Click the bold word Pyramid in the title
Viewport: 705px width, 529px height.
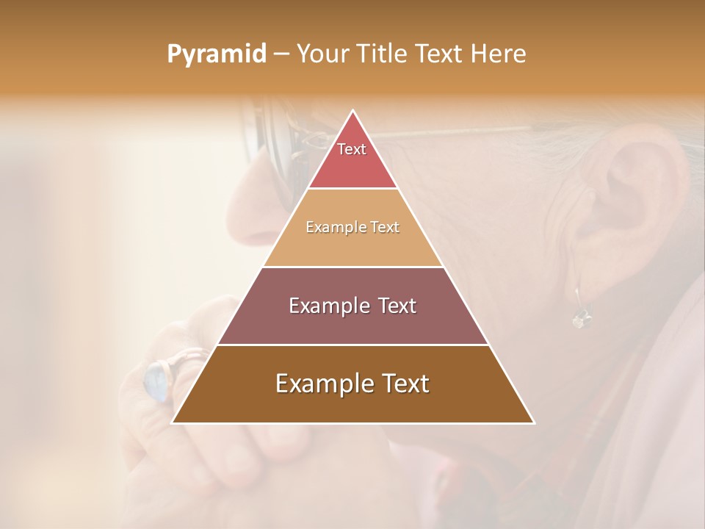(216, 54)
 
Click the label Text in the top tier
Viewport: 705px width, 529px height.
(352, 149)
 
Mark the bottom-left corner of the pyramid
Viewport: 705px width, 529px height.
(173, 422)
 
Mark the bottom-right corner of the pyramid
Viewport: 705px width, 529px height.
(534, 422)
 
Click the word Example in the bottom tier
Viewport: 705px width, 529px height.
(316, 384)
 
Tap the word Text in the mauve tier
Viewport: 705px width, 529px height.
(393, 306)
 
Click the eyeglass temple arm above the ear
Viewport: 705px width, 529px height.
(470, 132)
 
